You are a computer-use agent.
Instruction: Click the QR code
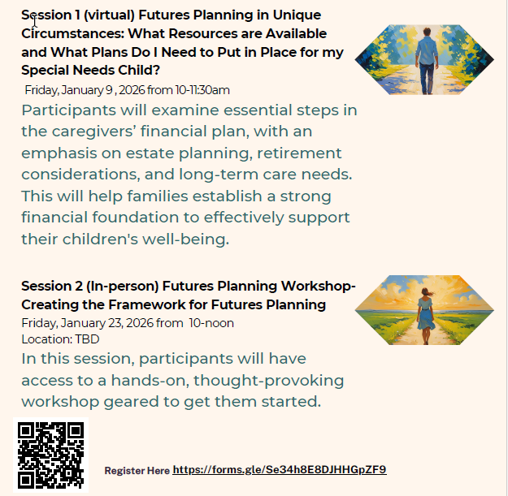(x=50, y=455)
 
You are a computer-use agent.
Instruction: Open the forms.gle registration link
(x=280, y=469)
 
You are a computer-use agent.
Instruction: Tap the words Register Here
(x=137, y=471)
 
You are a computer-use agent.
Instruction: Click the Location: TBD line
(x=60, y=339)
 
